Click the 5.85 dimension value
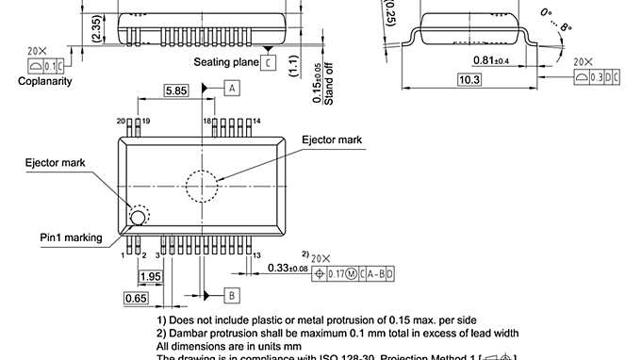174,90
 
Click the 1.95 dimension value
150,277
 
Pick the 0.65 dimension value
136,299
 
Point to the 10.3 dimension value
469,80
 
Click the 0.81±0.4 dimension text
491,60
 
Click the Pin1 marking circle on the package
138,219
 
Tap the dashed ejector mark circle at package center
205,185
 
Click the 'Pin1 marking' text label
71,237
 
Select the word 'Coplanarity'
45,81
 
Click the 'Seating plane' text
226,62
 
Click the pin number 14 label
255,122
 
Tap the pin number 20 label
121,122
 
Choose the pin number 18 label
206,122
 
